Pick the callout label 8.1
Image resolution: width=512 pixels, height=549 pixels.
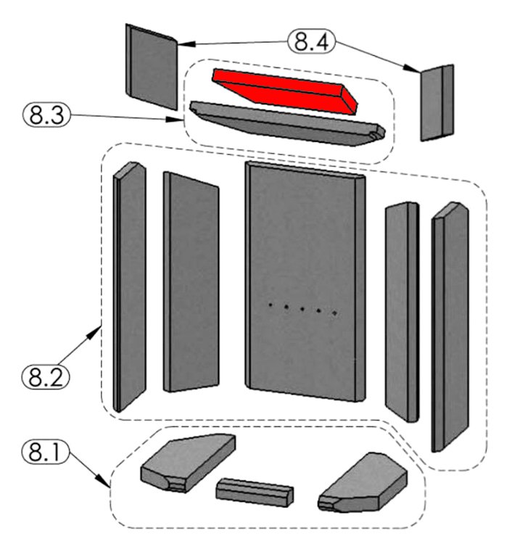pos(46,453)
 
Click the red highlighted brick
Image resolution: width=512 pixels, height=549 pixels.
pos(284,91)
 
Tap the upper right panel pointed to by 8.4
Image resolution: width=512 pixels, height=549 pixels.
pos(437,102)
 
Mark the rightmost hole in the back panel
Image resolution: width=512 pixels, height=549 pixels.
pos(334,313)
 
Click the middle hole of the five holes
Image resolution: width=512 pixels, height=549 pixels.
pos(302,310)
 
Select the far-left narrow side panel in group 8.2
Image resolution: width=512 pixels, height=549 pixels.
pos(129,286)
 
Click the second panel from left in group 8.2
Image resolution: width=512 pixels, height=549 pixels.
pos(191,283)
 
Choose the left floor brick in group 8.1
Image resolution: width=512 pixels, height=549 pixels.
pos(186,463)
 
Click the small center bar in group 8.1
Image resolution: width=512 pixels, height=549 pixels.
pos(255,492)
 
